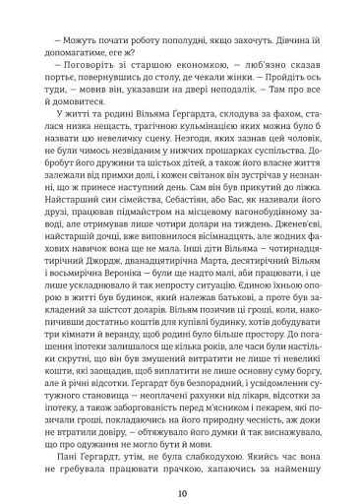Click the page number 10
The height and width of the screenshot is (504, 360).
coord(179,467)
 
